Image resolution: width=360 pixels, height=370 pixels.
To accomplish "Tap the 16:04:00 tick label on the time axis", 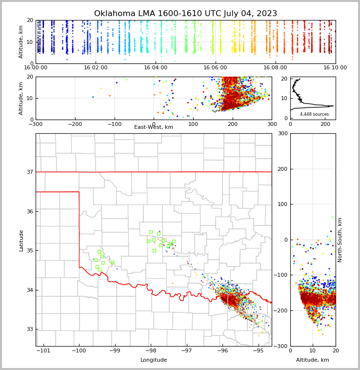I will click(156, 68).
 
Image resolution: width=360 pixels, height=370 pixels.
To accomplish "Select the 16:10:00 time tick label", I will click(335, 68).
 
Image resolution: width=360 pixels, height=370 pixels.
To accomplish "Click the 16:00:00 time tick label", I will click(36, 68).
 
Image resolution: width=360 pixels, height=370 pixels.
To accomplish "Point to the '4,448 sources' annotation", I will click(314, 114).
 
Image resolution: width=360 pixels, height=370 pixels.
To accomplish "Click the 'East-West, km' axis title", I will click(154, 127).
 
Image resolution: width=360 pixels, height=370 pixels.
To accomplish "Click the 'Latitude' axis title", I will click(21, 240).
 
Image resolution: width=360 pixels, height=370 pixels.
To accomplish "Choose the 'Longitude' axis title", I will click(154, 360).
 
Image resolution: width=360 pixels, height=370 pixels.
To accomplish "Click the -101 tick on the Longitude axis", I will click(43, 351).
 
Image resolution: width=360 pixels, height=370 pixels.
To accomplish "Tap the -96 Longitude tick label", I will click(222, 351).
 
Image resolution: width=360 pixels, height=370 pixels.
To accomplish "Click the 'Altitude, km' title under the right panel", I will click(313, 360).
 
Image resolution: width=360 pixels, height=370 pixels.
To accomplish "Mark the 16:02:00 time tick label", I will click(96, 68).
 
